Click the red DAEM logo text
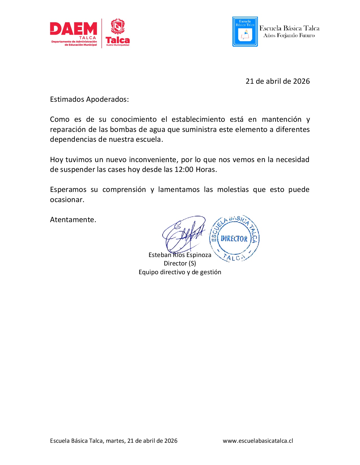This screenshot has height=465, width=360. pos(73,29)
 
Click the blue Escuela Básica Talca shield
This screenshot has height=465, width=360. pos(245,32)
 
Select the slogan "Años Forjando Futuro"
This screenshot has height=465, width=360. pos(289,36)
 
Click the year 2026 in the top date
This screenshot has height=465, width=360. pos(301,81)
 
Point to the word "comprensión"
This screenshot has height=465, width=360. pos(124,189)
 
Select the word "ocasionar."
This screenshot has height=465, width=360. pos(67,200)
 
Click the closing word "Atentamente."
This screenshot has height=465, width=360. pos(73,220)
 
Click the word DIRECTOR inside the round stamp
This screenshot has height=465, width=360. pos(234,239)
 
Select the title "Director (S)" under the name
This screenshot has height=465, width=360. pos(180,263)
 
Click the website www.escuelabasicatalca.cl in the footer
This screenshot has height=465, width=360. pos(258,441)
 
